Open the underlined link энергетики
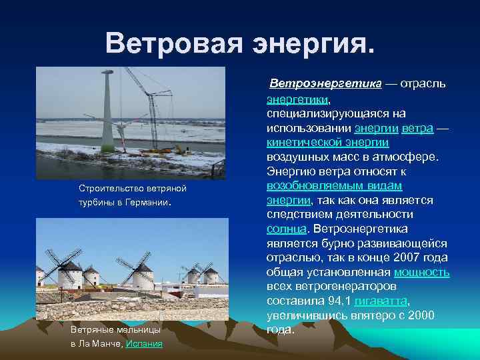(297, 99)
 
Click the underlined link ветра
(418, 128)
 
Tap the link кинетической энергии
(327, 142)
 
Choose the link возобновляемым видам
(334, 185)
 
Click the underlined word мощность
(421, 272)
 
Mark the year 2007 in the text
(403, 257)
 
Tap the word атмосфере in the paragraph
(406, 157)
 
